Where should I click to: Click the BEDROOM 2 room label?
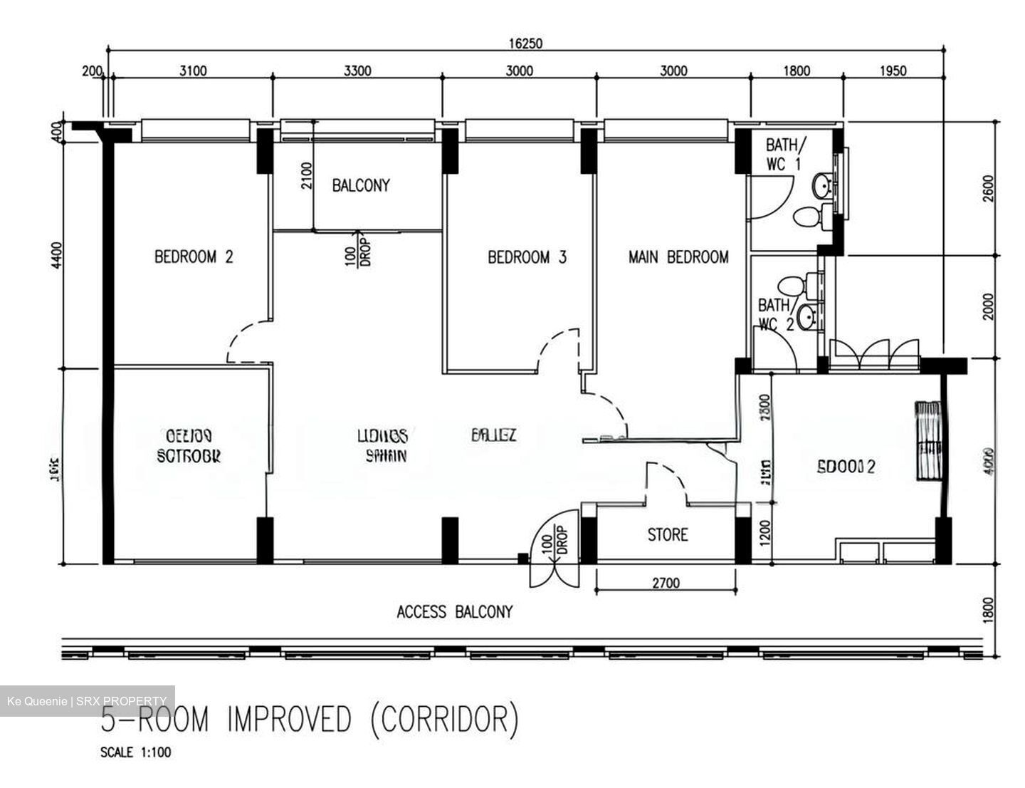pos(194,256)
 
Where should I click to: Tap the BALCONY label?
pos(361,186)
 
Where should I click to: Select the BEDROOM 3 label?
pos(527,257)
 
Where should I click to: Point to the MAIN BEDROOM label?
pos(678,257)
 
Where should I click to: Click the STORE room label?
pos(667,534)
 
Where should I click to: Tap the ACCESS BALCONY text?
pos(454,611)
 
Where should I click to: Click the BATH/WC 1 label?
pos(785,154)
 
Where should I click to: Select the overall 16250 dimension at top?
pos(525,43)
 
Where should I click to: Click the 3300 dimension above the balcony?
pos(357,71)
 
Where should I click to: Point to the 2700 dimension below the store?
pos(665,583)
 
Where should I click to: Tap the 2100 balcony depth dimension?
pos(306,176)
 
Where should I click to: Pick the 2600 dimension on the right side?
pos(987,189)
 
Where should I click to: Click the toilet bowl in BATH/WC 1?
pos(808,216)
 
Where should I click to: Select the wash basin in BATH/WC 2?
pos(806,317)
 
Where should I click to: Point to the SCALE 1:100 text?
pos(135,752)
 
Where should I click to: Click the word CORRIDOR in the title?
pos(445,720)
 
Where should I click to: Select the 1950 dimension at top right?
pos(893,71)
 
